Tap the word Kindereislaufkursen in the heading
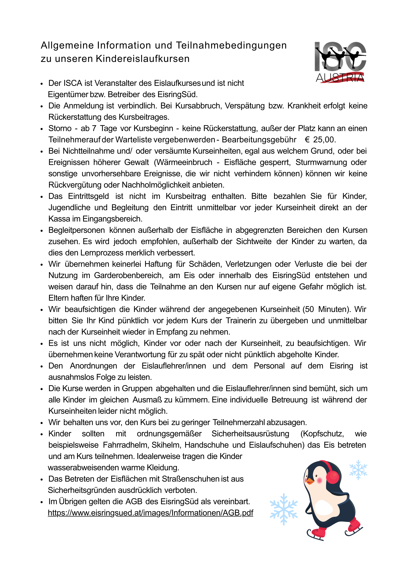point(143,59)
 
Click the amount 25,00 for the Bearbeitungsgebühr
point(324,140)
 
